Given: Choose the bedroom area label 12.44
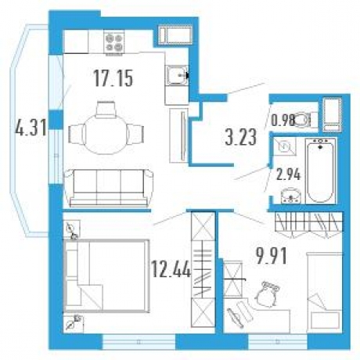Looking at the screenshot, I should [x=169, y=272].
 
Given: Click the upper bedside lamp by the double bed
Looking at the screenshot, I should [x=72, y=230].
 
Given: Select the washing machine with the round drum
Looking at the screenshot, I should [x=285, y=148].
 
